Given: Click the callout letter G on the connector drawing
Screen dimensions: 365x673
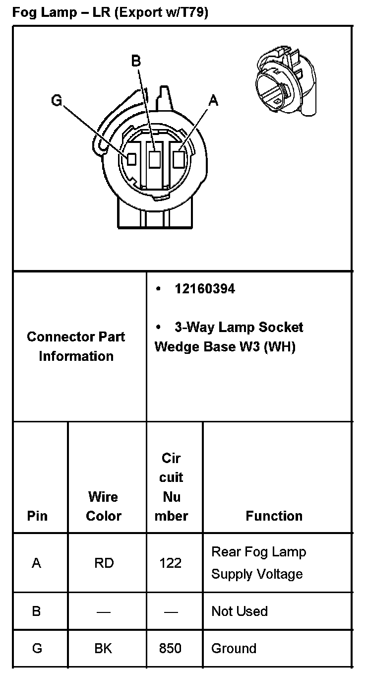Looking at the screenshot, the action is [x=56, y=101].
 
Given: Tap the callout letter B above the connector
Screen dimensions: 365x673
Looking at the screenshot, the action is [x=135, y=61].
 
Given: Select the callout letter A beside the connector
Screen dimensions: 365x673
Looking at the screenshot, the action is [x=213, y=101].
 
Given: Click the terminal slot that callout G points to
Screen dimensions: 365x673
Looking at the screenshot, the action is [x=131, y=159].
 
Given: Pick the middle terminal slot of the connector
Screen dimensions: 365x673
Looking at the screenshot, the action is [x=155, y=159].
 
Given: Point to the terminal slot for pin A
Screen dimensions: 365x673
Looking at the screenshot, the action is [x=179, y=159].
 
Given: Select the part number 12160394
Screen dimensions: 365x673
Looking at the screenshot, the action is [x=205, y=289].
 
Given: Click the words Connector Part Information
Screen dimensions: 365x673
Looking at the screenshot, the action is [x=76, y=346].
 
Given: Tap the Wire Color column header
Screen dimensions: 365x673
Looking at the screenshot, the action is [x=104, y=506].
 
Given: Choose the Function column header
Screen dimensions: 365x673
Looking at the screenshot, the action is [x=274, y=516].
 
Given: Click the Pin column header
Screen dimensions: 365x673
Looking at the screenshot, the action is [x=37, y=516].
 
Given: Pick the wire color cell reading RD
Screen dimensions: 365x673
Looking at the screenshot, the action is [x=104, y=563].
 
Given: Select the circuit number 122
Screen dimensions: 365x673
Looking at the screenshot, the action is [x=170, y=563].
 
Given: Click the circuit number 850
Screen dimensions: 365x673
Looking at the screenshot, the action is [x=170, y=648].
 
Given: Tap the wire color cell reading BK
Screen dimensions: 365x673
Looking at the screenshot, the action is [x=104, y=648].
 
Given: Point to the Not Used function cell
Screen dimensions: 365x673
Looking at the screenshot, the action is [x=240, y=611].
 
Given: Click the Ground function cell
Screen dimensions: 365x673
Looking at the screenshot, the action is [x=234, y=648].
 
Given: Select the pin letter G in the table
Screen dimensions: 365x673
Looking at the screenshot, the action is [x=37, y=648].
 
